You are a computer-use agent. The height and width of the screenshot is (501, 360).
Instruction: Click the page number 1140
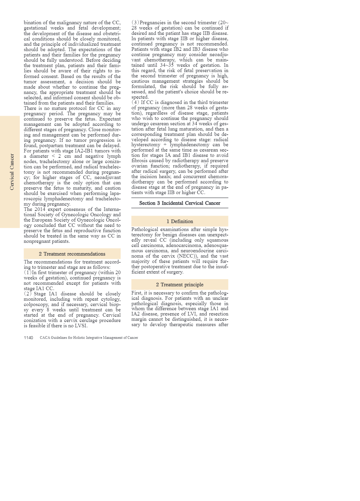(28, 338)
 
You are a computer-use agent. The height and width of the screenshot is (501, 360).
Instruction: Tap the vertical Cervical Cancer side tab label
(12, 172)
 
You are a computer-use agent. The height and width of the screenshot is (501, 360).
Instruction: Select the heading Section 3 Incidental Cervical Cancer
(180, 203)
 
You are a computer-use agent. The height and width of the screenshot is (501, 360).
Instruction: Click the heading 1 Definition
(180, 222)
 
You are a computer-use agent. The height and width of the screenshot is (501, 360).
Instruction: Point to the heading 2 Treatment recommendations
(72, 254)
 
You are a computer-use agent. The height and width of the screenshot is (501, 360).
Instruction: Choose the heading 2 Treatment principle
(180, 285)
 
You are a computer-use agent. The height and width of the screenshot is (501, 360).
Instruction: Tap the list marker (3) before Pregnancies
(135, 23)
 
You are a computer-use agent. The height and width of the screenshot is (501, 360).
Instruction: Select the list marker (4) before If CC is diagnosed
(135, 103)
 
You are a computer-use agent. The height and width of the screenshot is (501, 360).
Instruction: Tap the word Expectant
(110, 119)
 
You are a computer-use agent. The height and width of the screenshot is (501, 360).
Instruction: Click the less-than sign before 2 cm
(53, 156)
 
